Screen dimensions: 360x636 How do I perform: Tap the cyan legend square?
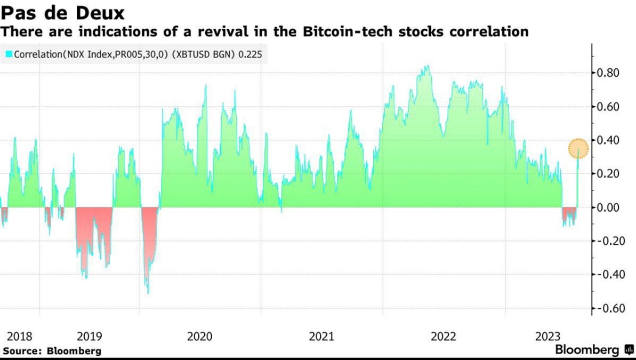pos(8,54)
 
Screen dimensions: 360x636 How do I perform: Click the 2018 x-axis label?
pos(20,337)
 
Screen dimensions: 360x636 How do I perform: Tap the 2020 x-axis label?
pos(200,337)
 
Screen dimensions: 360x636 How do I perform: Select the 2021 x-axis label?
pos(321,337)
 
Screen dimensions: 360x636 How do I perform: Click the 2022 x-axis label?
pos(443,337)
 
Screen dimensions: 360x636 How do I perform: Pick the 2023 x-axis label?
pos(548,337)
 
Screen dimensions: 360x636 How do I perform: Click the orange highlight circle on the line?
pos(578,148)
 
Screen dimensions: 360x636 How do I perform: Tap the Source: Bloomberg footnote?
pos(52,351)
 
